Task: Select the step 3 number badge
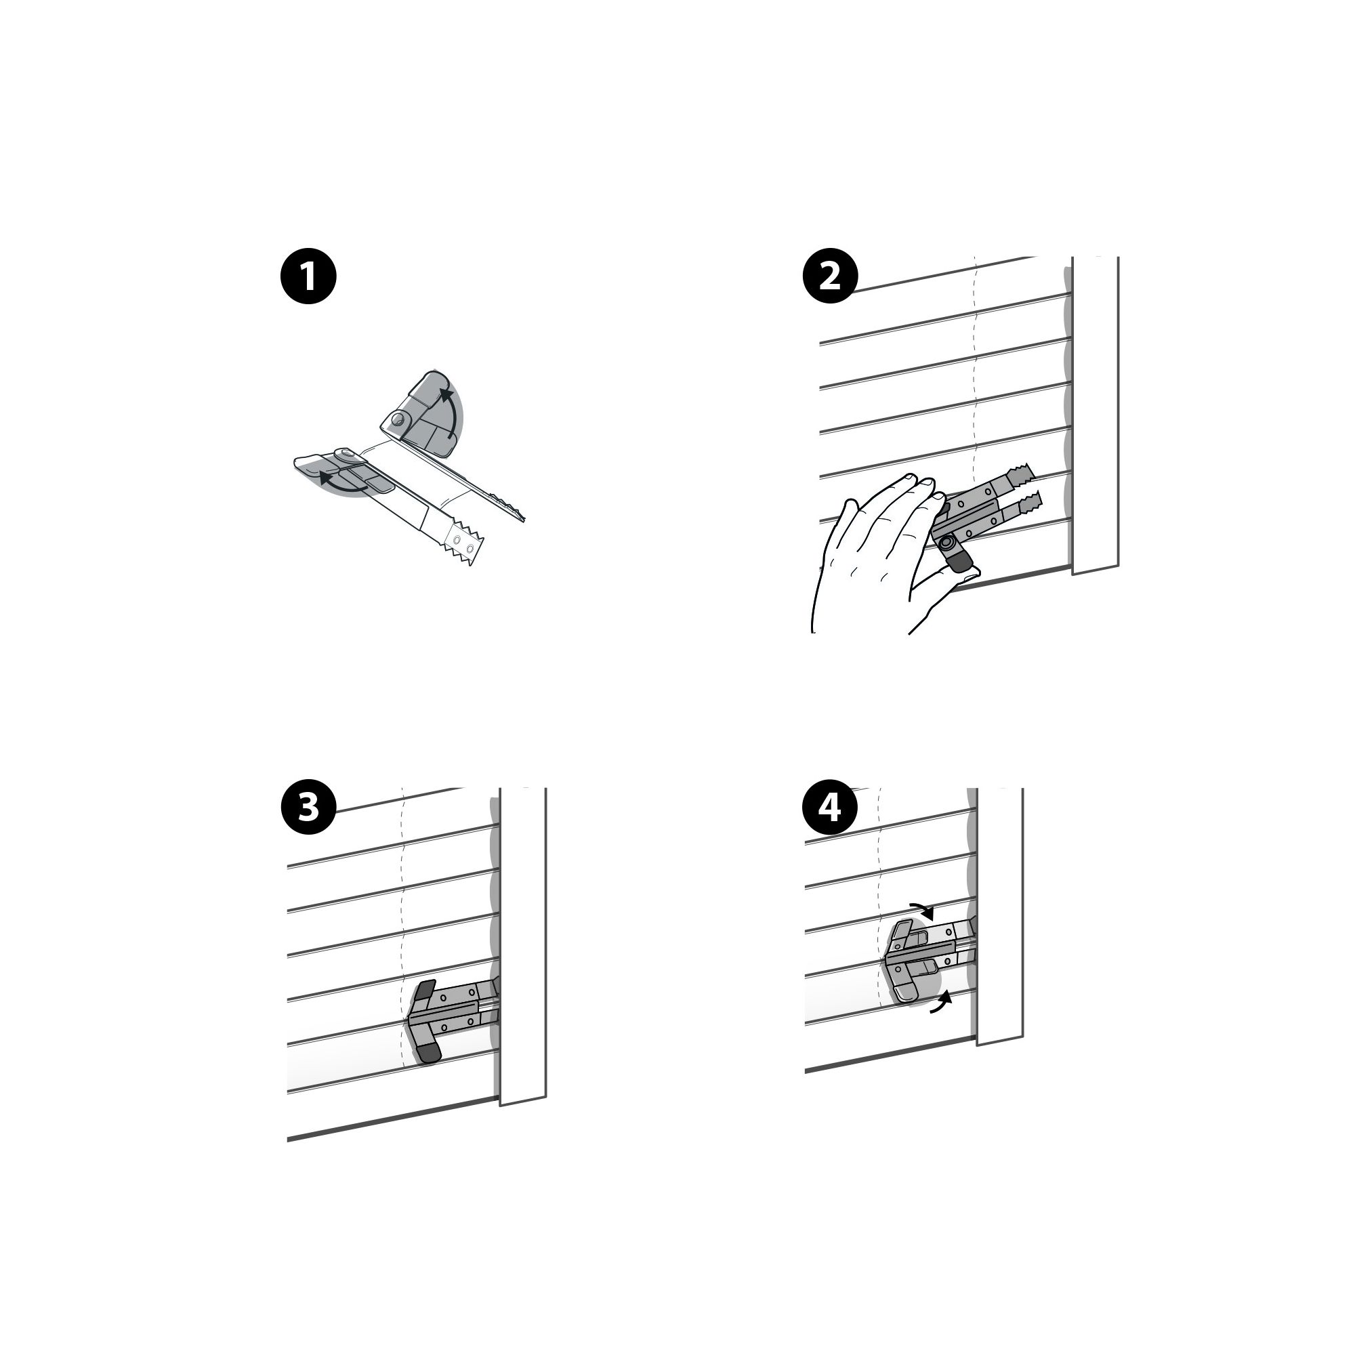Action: pos(308,808)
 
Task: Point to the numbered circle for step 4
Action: pos(830,808)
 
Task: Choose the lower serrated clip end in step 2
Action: pos(1029,502)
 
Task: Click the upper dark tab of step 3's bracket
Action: pos(425,991)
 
